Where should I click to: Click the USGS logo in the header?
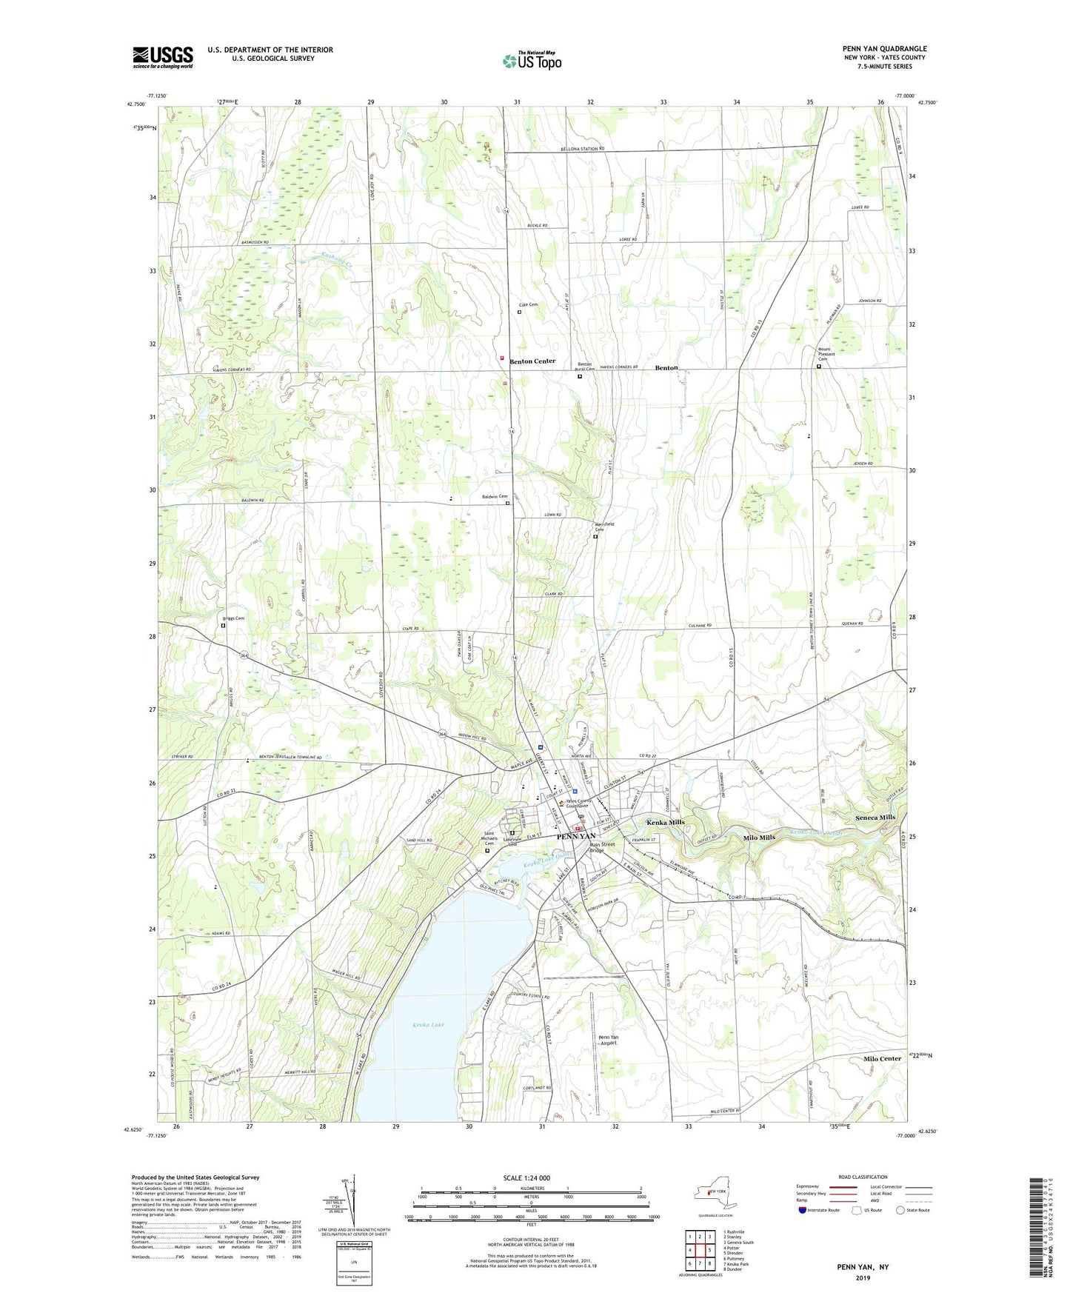(162, 57)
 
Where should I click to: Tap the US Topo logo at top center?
(532, 60)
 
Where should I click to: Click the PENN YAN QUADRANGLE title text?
(884, 49)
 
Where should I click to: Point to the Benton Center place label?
(532, 361)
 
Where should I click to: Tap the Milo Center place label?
(882, 1058)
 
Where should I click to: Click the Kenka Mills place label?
(666, 823)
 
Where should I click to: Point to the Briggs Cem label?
(233, 618)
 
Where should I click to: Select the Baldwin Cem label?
(495, 496)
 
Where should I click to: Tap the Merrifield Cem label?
(604, 527)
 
